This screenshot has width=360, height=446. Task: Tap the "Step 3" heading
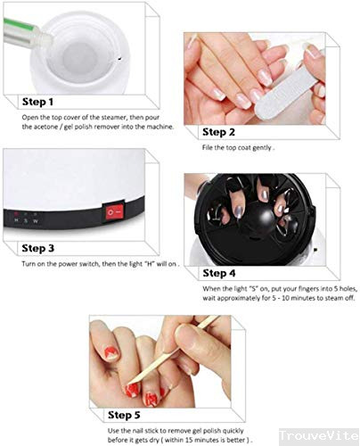(x=38, y=247)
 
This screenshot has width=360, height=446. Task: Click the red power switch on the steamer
(x=111, y=212)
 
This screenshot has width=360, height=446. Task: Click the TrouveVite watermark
(x=318, y=435)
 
